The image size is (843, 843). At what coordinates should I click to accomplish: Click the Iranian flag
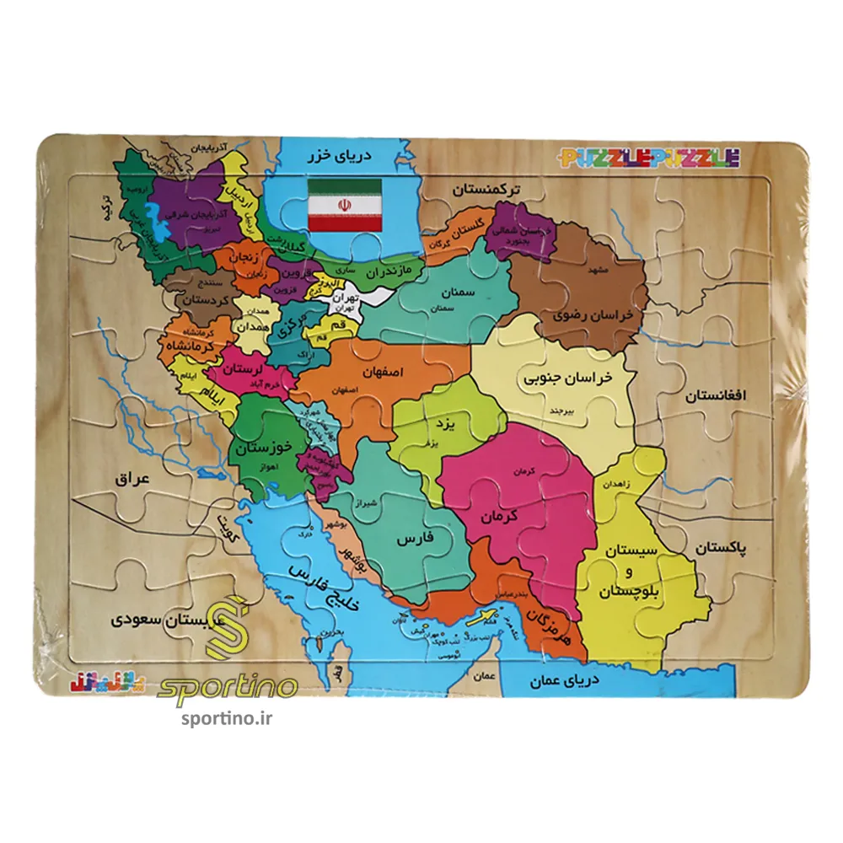pos(345,205)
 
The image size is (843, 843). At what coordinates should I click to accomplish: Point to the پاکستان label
pos(722,549)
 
